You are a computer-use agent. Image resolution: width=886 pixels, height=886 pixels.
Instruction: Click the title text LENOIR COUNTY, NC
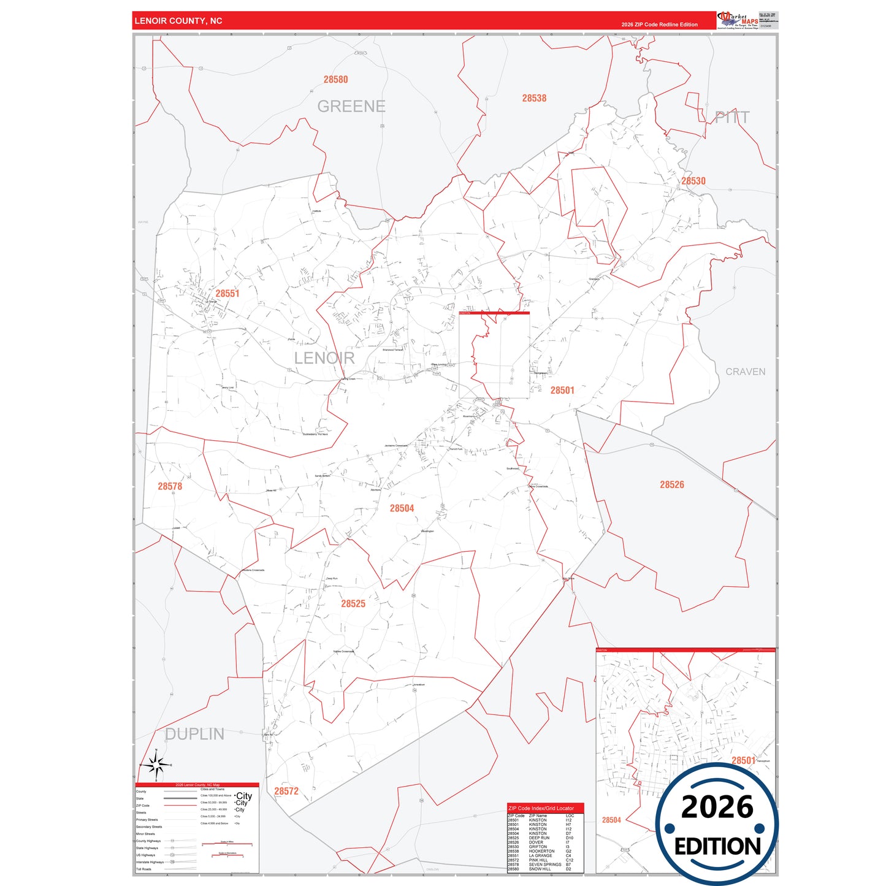click(178, 21)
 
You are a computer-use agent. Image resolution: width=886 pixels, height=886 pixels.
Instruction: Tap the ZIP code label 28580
click(335, 80)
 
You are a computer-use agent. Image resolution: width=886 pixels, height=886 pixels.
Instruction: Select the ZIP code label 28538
click(534, 98)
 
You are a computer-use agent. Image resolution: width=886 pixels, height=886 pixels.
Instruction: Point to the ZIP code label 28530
click(693, 181)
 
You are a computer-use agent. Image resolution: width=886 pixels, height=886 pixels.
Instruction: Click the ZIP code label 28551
click(227, 294)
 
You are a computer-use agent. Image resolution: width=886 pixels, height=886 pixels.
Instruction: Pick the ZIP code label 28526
click(671, 484)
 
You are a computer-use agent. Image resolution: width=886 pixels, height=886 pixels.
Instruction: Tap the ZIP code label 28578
click(170, 486)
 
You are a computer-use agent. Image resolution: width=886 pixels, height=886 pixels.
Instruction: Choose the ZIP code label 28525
click(353, 604)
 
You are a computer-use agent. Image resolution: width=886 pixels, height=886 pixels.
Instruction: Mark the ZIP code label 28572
click(286, 791)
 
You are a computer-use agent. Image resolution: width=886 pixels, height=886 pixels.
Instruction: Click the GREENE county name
click(351, 107)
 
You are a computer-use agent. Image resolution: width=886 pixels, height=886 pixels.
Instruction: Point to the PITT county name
click(732, 118)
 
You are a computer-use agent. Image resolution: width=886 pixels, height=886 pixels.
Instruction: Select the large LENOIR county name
click(324, 358)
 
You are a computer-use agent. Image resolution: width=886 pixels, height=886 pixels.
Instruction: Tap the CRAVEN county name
click(745, 372)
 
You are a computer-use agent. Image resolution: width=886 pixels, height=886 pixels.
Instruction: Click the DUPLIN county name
click(194, 734)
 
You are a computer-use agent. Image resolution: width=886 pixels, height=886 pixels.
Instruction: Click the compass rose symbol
click(156, 765)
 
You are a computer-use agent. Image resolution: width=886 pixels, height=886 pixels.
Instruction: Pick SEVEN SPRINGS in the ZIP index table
click(544, 865)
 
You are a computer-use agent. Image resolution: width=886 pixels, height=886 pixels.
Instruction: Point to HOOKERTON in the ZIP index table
click(541, 851)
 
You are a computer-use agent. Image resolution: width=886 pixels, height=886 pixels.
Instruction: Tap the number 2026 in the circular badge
click(717, 807)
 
